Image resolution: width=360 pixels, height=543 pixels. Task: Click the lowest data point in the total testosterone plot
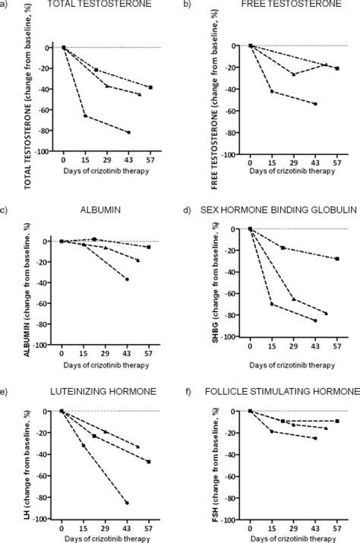(128, 132)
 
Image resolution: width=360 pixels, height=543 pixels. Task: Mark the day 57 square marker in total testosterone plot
(150, 87)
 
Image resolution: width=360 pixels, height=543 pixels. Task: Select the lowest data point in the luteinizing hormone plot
(127, 503)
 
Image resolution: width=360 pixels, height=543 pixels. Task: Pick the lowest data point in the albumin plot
(127, 279)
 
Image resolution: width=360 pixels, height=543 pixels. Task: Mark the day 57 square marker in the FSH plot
(337, 421)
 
